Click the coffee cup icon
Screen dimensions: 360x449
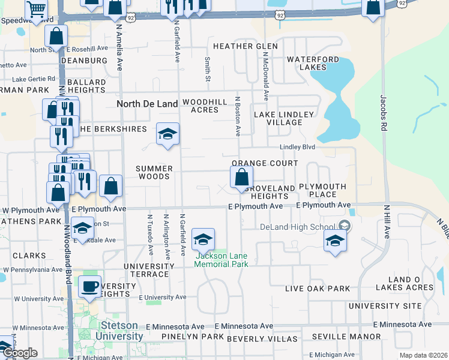pos(89,287)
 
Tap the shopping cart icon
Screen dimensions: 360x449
pos(37,9)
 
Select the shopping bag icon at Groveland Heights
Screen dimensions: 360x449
pos(241,177)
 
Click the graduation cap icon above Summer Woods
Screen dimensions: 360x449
pos(168,134)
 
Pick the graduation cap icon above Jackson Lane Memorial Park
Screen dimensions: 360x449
pos(203,239)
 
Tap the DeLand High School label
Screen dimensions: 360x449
pos(298,226)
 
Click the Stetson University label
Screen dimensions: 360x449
pos(122,331)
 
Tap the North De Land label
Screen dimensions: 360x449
pos(147,104)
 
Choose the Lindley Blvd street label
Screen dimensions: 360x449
pos(298,147)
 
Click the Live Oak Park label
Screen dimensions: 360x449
pos(318,289)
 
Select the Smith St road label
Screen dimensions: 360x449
pos(207,70)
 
